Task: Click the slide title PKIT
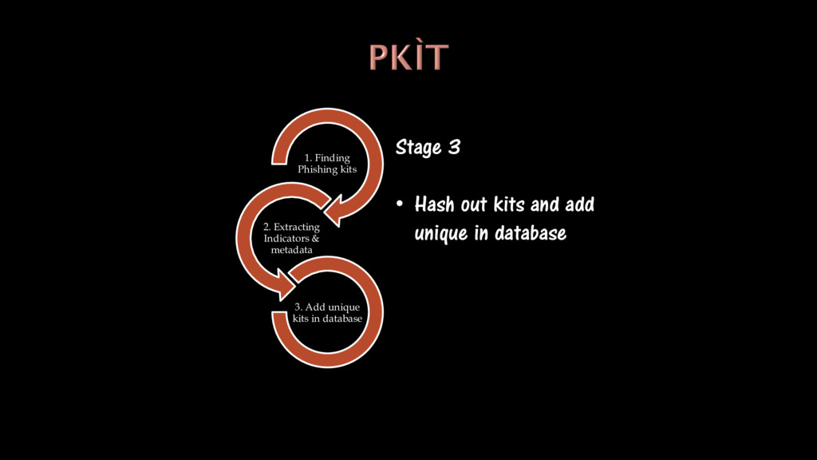tap(408, 57)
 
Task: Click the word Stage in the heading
tap(418, 149)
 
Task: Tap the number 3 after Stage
tap(454, 148)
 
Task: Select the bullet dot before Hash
tap(401, 204)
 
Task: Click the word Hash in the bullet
tap(434, 204)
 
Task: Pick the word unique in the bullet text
tap(440, 234)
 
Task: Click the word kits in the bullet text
tap(508, 204)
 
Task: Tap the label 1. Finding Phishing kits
tap(327, 164)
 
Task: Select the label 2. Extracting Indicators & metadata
tap(291, 238)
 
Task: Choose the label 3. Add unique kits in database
tap(327, 313)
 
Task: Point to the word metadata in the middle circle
tap(291, 249)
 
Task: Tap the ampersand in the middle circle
tap(315, 238)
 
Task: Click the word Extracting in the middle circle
tap(296, 227)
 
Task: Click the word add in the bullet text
tap(579, 204)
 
